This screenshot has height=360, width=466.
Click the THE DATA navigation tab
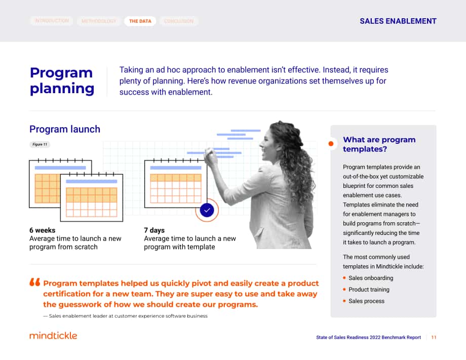[140, 21]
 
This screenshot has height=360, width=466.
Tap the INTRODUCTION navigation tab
[52, 21]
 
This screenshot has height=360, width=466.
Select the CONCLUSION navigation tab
[179, 21]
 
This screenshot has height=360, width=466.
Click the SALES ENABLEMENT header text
[398, 21]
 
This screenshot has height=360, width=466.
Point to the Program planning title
[62, 81]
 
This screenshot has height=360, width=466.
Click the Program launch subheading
[65, 129]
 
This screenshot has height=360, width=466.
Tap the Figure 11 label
[40, 144]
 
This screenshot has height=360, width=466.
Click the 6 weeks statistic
[42, 230]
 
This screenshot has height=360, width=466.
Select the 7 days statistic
[154, 230]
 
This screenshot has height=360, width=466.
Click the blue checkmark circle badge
[207, 210]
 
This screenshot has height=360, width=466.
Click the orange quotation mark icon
[35, 282]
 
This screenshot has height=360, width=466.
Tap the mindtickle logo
[53, 336]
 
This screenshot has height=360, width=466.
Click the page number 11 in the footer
[434, 337]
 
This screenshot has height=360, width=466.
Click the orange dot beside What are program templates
[331, 144]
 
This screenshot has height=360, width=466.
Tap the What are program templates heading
[379, 144]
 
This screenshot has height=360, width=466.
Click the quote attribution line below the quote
[126, 316]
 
